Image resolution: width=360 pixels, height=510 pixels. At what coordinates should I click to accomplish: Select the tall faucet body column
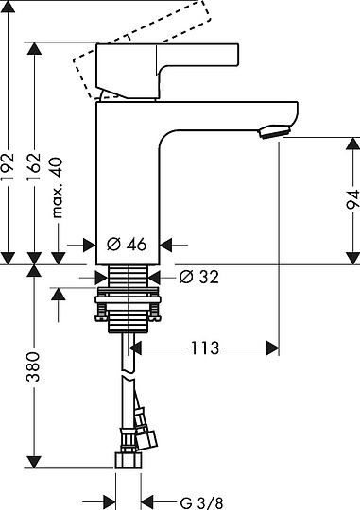(x=129, y=179)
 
